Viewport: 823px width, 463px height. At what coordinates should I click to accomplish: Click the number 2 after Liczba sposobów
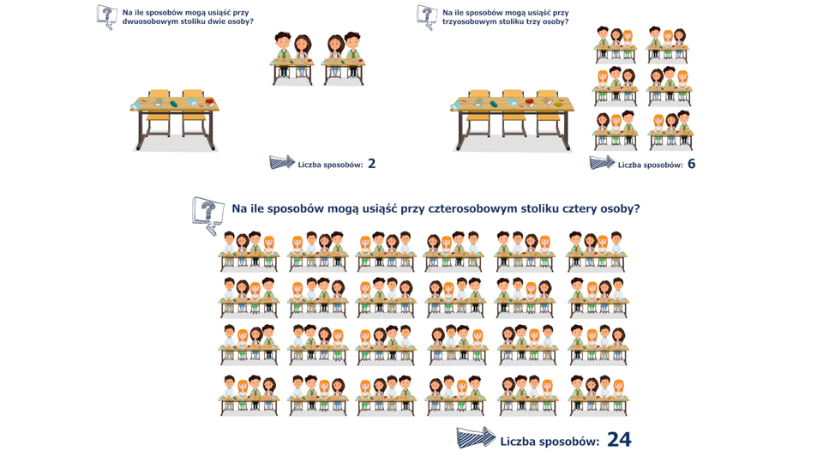[371, 164]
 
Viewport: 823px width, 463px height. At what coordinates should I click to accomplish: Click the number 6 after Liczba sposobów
[691, 164]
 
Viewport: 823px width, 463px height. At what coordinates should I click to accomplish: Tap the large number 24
[619, 440]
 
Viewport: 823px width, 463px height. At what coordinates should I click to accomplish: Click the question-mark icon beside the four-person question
[207, 215]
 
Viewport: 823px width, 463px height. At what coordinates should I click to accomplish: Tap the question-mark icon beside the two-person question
[107, 17]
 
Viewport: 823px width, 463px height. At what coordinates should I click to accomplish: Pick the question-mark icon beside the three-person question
[427, 17]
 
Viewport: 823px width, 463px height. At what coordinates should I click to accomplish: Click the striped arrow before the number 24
[476, 437]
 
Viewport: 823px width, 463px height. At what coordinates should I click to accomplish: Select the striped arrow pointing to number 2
[282, 162]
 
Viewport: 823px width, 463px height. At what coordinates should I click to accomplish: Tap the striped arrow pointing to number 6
[602, 162]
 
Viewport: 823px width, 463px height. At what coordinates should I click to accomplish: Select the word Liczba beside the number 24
[516, 442]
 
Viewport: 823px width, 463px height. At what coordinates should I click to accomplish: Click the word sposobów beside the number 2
[342, 165]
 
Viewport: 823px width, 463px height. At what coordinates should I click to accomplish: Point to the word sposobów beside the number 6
[661, 165]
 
